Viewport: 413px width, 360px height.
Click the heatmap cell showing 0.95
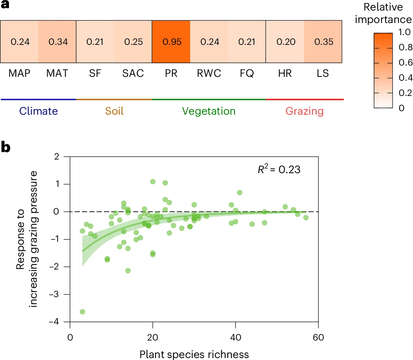(x=171, y=42)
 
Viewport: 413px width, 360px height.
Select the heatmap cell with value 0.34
(x=57, y=42)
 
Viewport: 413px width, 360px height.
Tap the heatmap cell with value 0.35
(x=323, y=42)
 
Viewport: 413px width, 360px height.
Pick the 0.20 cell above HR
(x=285, y=42)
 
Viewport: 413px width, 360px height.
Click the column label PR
(x=171, y=73)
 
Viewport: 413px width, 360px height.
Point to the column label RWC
(x=209, y=73)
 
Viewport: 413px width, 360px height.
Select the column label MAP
(x=20, y=73)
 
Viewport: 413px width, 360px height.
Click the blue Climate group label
(x=39, y=111)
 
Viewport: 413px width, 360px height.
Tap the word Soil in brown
(x=114, y=111)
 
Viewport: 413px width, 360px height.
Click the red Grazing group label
(x=304, y=111)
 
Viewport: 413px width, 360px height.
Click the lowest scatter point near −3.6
(x=82, y=312)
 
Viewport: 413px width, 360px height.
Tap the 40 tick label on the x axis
(x=236, y=337)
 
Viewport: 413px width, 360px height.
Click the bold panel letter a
(x=5, y=5)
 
